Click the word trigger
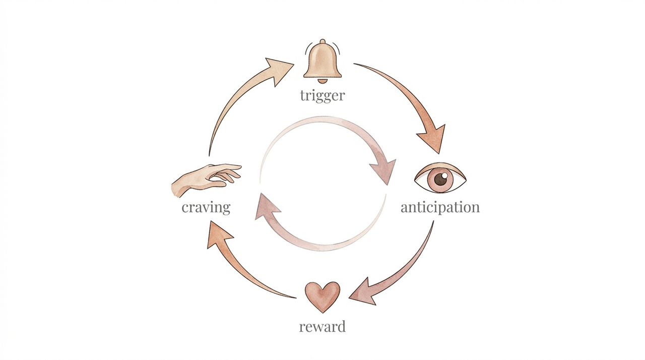coord(322,95)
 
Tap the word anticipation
coord(440,207)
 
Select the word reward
coord(322,326)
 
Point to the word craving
coord(206,207)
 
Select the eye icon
coord(440,178)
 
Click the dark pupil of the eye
coord(440,178)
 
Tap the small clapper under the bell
coord(322,81)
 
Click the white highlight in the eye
coord(444,175)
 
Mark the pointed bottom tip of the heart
coord(323,312)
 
